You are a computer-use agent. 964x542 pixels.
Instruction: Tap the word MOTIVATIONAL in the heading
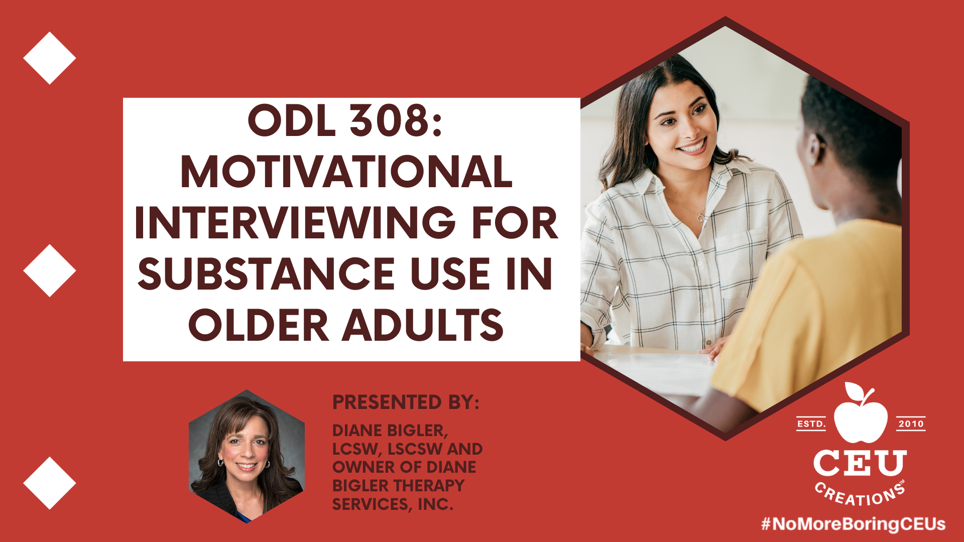point(346,172)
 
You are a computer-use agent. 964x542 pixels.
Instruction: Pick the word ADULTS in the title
point(423,325)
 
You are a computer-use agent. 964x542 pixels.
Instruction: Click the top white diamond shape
point(49,58)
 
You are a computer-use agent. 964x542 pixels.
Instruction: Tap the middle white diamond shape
point(49,270)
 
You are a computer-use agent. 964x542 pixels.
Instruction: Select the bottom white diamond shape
point(49,483)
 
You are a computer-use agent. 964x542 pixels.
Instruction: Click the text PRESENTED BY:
point(406,402)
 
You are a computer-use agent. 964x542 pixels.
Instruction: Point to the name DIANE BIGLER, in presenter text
point(390,431)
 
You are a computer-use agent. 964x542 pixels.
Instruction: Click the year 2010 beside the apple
point(911,424)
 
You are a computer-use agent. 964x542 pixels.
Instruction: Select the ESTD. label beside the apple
point(811,424)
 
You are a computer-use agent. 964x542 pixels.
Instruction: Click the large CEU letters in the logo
point(860,463)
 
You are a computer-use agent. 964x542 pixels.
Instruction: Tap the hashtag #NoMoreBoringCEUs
point(853,524)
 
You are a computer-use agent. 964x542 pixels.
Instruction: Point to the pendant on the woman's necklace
point(700,218)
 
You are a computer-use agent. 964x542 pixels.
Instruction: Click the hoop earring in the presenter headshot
point(220,462)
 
